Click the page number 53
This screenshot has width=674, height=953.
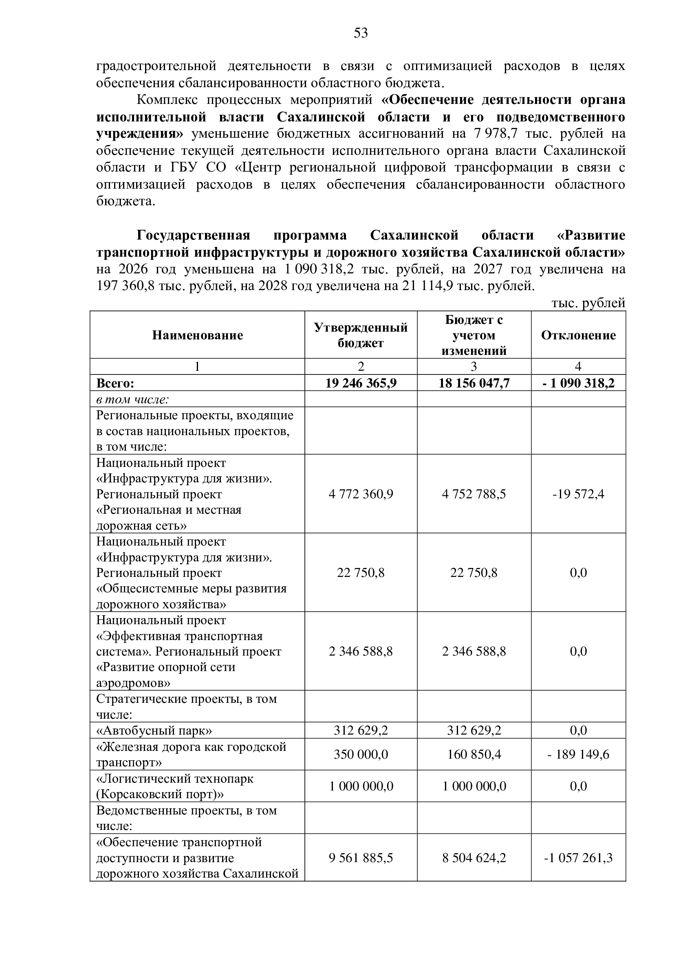pos(361,33)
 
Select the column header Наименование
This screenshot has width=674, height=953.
pos(197,335)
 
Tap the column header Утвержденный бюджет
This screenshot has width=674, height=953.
pos(361,335)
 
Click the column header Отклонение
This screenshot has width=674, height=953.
pos(578,335)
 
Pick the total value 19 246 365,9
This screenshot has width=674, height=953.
pos(361,383)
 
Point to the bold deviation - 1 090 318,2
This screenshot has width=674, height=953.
pos(578,383)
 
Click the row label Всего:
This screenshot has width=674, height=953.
pos(115,383)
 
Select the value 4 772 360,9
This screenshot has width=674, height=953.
pos(361,494)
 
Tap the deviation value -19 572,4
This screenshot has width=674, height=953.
pos(578,494)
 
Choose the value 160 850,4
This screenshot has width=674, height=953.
pos(474,754)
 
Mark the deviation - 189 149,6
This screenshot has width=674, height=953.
pos(578,754)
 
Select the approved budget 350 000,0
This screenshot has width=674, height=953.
pos(361,754)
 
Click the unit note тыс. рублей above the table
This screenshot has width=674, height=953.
pos(588,303)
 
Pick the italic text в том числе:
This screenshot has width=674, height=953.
pos(132,399)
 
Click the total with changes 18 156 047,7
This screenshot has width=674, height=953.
pos(474,383)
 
